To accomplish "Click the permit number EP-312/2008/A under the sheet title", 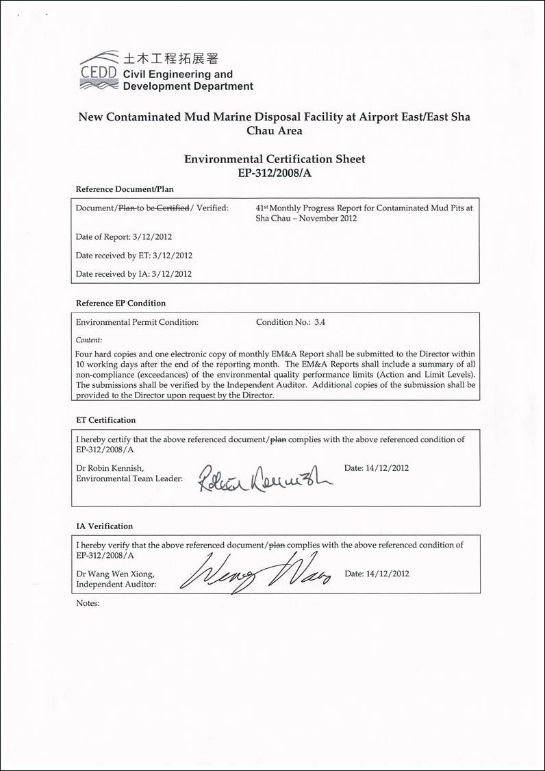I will (x=275, y=173).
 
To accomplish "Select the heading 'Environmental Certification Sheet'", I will (x=275, y=159).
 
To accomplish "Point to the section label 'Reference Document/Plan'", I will (x=125, y=188).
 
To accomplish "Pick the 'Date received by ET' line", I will (x=134, y=256).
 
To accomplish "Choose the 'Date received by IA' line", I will (x=134, y=274).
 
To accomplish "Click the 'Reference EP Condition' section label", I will (x=121, y=303).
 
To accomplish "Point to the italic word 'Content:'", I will (x=89, y=340).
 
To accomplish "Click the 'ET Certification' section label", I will (x=105, y=420).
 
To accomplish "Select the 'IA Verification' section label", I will (x=104, y=526).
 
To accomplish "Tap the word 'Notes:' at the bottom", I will (x=88, y=604).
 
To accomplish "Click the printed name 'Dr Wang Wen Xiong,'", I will (x=116, y=574).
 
